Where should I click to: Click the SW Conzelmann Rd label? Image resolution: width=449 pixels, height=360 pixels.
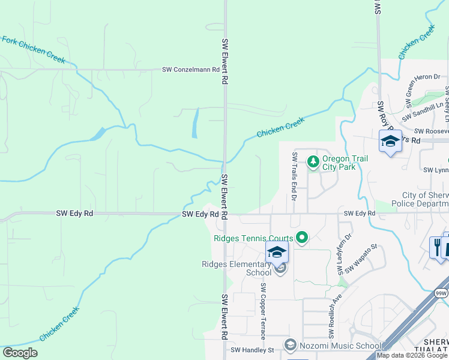190,70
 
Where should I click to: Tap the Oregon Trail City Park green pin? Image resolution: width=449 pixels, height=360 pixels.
313,161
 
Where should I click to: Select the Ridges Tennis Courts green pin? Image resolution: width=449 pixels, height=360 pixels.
302,238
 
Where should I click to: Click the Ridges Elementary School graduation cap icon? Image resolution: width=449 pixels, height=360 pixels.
277,253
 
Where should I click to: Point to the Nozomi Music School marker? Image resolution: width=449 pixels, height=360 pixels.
291,344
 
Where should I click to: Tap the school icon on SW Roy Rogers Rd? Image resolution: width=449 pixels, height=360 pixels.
390,142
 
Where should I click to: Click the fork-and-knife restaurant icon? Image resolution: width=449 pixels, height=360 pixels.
437,246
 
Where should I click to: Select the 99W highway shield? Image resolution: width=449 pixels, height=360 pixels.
441,292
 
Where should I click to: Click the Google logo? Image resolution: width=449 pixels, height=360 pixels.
20,353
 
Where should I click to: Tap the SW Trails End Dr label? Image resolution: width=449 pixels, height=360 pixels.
294,176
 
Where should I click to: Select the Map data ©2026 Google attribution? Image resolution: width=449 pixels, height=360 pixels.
412,355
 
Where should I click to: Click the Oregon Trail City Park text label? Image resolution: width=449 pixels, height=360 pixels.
345,163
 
